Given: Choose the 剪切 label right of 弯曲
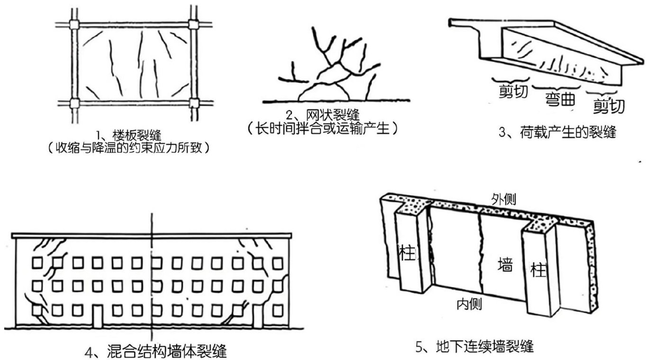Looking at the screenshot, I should point(609,106).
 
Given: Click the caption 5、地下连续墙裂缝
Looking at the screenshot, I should point(474,347).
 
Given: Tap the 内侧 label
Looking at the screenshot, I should point(469,304).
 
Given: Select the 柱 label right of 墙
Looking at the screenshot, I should point(538,271).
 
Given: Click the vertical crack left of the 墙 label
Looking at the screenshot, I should point(480,256).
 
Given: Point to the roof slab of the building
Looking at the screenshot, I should point(152,236).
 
